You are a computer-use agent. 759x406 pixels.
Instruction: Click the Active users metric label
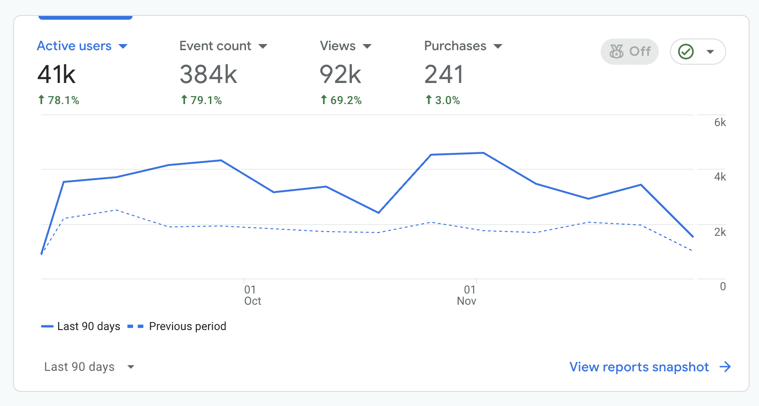pyautogui.click(x=74, y=46)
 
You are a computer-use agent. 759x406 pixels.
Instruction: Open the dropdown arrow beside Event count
pyautogui.click(x=263, y=46)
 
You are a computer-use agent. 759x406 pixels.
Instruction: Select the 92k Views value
pyautogui.click(x=340, y=75)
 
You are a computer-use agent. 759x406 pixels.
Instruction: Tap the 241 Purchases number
pyautogui.click(x=444, y=75)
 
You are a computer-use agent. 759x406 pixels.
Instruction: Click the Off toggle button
pyautogui.click(x=630, y=52)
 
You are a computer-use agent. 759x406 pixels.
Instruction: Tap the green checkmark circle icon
pyautogui.click(x=686, y=52)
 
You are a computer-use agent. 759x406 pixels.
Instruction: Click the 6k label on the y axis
pyautogui.click(x=720, y=123)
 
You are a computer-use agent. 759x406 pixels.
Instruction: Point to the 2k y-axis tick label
pyautogui.click(x=720, y=232)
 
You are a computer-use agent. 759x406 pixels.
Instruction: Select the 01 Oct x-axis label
pyautogui.click(x=252, y=295)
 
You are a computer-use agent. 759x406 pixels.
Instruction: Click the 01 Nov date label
pyautogui.click(x=467, y=295)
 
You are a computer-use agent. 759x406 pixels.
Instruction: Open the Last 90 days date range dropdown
pyautogui.click(x=89, y=367)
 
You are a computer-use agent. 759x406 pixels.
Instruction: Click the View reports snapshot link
pyautogui.click(x=639, y=367)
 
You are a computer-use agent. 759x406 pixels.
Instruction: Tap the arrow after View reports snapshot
pyautogui.click(x=725, y=367)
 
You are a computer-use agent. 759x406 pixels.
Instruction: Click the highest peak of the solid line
pyautogui.click(x=483, y=153)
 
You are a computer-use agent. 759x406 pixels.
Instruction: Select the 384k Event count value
pyautogui.click(x=208, y=75)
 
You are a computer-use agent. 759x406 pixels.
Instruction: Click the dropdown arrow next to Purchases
pyautogui.click(x=498, y=46)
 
